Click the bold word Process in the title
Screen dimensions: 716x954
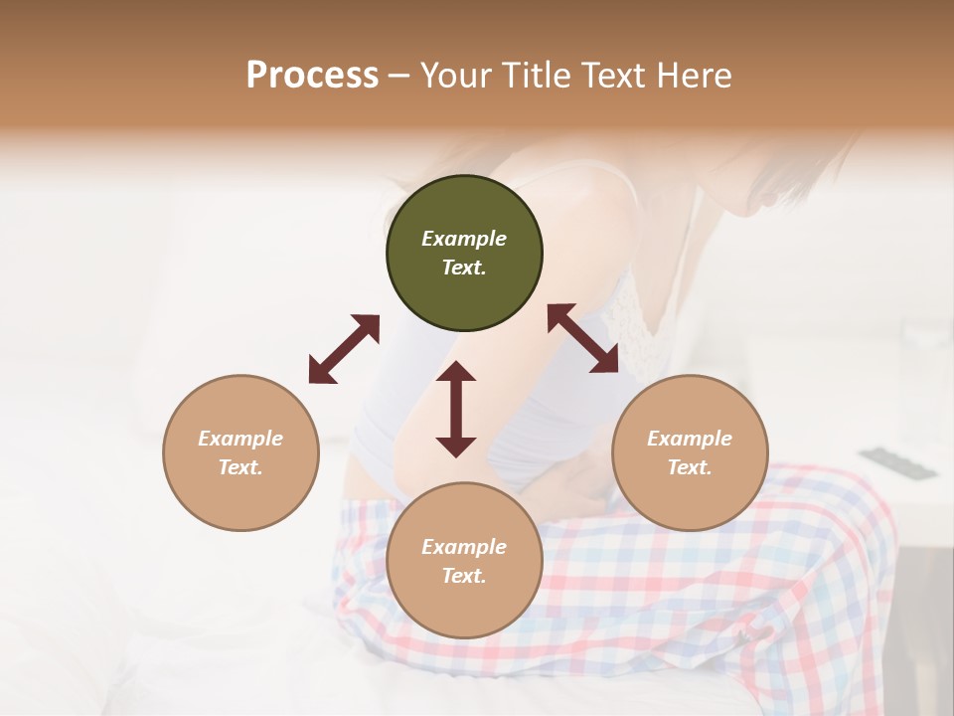point(312,76)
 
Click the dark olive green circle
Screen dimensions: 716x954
point(464,254)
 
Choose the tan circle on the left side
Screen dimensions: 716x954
point(240,452)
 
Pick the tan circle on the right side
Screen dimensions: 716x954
point(690,452)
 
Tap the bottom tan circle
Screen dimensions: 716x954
point(464,561)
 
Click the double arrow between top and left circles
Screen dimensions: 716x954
point(344,349)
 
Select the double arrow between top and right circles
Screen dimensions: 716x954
point(583,338)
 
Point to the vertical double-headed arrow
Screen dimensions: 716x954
point(456,409)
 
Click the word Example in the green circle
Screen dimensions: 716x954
point(464,239)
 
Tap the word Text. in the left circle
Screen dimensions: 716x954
point(240,467)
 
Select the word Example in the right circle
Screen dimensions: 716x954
point(690,439)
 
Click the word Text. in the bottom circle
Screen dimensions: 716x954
point(464,576)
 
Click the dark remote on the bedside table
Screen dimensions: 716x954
point(898,463)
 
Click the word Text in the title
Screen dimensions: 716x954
point(617,76)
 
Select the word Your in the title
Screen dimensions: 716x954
point(453,76)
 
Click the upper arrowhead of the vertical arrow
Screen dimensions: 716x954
point(456,373)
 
